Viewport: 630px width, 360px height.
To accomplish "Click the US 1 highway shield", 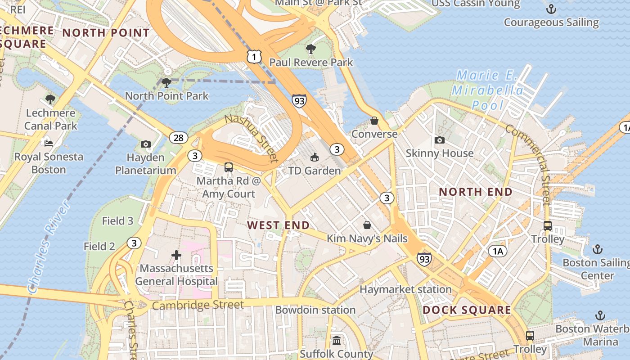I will click(254, 57).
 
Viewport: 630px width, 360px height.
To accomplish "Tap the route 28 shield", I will click(179, 137).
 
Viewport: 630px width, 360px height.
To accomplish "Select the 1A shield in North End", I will click(497, 251).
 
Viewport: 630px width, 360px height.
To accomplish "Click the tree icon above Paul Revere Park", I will click(310, 49).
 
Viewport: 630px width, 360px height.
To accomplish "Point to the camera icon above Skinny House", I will click(440, 140).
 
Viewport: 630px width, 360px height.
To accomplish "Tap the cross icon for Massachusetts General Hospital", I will click(176, 256).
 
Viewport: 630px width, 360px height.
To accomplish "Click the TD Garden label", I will click(315, 171).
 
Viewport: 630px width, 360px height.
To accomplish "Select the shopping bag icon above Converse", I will click(374, 121).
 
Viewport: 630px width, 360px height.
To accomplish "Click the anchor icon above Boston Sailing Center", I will click(597, 249).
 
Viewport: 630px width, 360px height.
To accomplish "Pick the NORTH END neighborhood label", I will click(476, 192).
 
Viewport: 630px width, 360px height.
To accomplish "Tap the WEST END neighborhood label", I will click(279, 225).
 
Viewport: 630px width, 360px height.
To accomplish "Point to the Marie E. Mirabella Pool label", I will click(488, 90).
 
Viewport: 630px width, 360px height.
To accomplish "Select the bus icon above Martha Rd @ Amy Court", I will click(229, 167).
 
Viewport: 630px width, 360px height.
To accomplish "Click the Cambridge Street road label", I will click(198, 305).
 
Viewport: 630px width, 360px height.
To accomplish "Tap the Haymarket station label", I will click(405, 289).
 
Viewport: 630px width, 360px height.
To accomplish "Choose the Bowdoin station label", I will click(315, 310).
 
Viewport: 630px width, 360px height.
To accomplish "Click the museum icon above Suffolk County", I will click(337, 340).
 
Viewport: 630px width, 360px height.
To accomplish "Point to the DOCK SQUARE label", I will click(467, 310).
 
